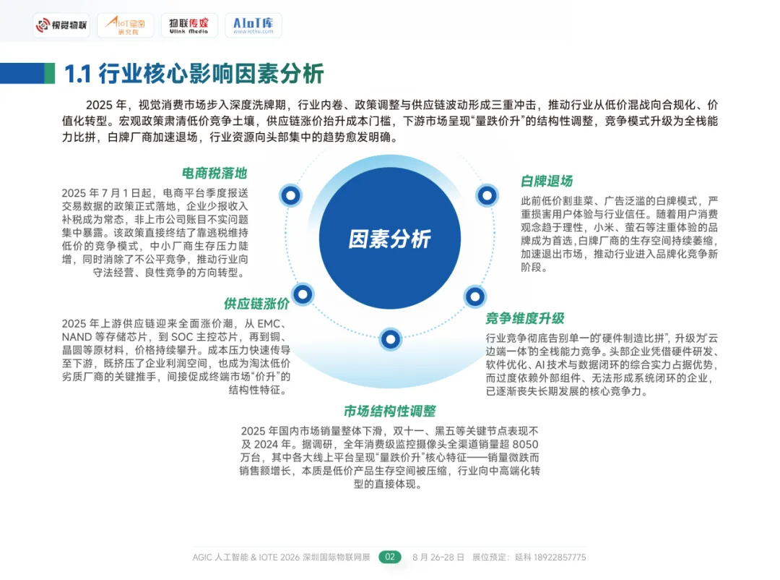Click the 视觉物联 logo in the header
click(x=61, y=27)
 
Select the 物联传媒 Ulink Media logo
click(x=188, y=26)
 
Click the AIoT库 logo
click(x=253, y=26)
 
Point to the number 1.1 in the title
click(x=78, y=74)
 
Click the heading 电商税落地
click(x=214, y=174)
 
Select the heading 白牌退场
click(x=547, y=181)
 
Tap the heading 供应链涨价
click(x=256, y=303)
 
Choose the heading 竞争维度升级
click(x=524, y=318)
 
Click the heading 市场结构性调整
click(x=389, y=411)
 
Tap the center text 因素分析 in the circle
click(x=389, y=239)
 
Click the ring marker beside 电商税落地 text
click(x=291, y=195)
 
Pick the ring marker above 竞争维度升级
click(x=474, y=295)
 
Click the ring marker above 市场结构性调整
click(x=390, y=338)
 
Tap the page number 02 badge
click(x=390, y=557)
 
